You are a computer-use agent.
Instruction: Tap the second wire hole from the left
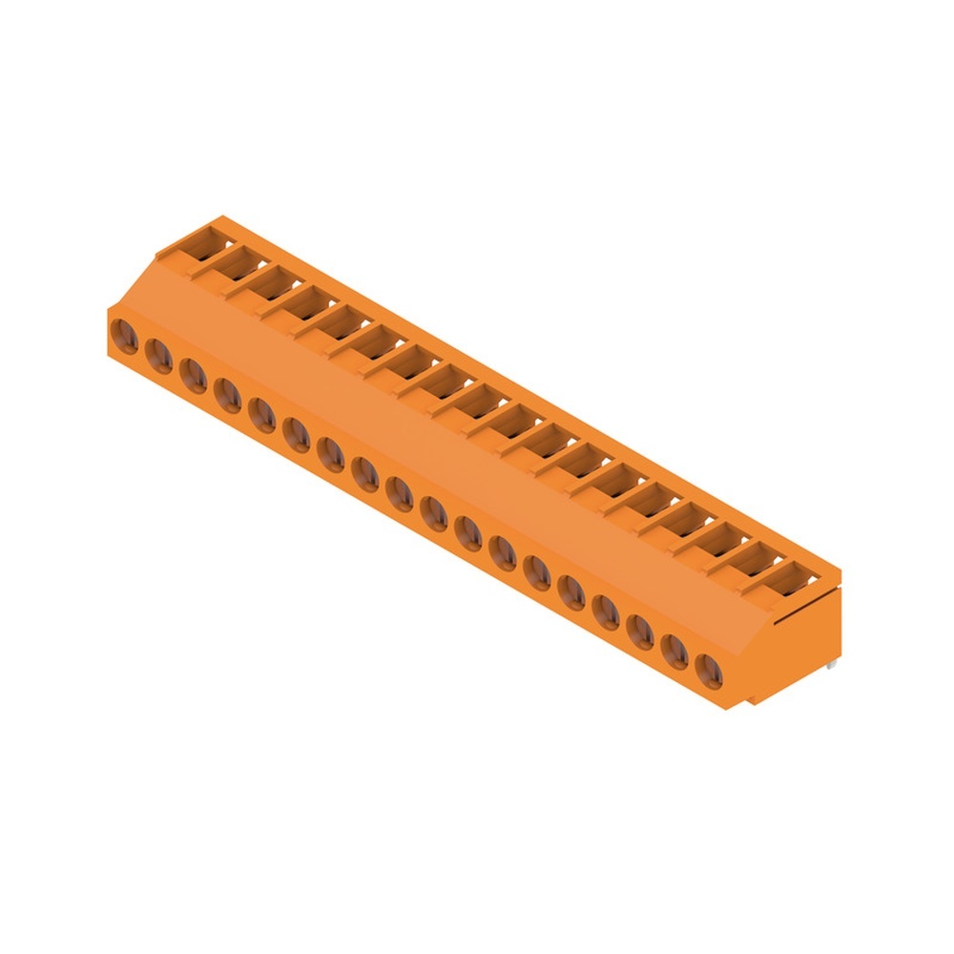click(x=157, y=354)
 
